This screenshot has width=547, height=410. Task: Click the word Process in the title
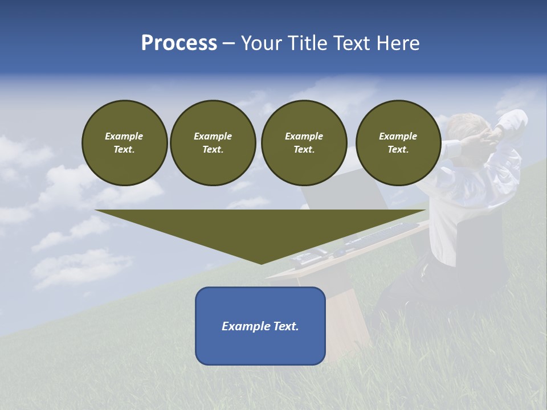click(179, 43)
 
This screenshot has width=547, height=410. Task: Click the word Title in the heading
click(307, 43)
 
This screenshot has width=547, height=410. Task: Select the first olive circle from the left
click(124, 143)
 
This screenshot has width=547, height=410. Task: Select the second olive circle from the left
click(213, 143)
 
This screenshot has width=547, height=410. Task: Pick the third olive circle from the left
click(304, 143)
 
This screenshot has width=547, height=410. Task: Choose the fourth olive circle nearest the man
click(398, 143)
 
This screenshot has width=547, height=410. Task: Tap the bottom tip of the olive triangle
click(261, 263)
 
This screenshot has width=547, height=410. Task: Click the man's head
click(467, 126)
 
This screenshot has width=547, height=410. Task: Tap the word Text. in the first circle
click(124, 150)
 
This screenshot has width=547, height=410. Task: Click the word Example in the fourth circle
click(398, 136)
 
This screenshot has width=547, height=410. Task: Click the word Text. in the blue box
click(286, 326)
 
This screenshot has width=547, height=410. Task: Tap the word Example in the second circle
click(213, 136)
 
